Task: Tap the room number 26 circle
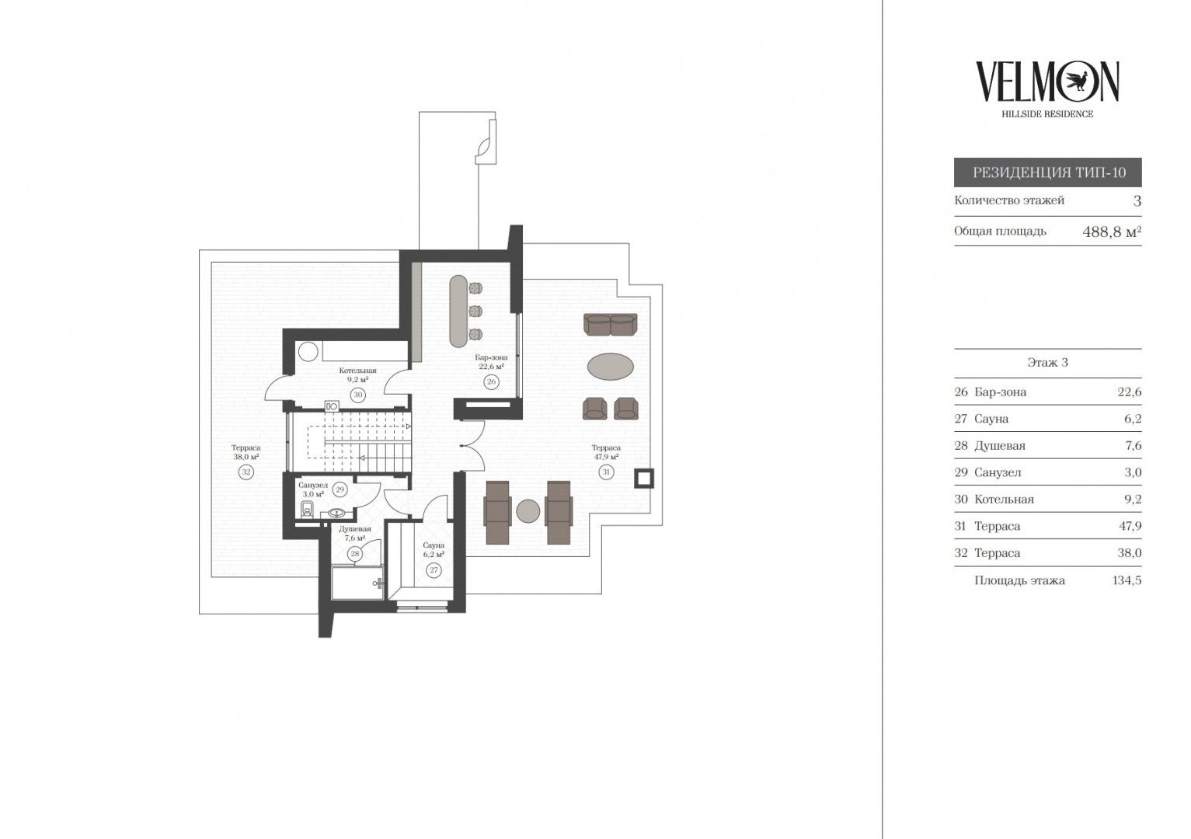[x=491, y=381]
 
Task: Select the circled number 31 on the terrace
[x=606, y=472]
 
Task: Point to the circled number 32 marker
[x=246, y=472]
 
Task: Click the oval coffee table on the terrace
[x=611, y=367]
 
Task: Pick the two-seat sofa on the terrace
[x=611, y=324]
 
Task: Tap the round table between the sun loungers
[x=528, y=511]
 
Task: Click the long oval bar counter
[x=458, y=311]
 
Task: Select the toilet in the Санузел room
[x=307, y=509]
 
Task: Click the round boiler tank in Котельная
[x=308, y=351]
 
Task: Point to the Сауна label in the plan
[x=434, y=545]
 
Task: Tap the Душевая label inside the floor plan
[x=354, y=529]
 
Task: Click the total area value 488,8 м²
[x=1112, y=232]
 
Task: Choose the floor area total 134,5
[x=1127, y=580]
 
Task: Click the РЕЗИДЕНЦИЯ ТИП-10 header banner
[x=1048, y=172]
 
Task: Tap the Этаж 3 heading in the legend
[x=1047, y=363]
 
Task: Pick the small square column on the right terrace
[x=644, y=478]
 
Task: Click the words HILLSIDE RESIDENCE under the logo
[x=1047, y=113]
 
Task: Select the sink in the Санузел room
[x=336, y=513]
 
